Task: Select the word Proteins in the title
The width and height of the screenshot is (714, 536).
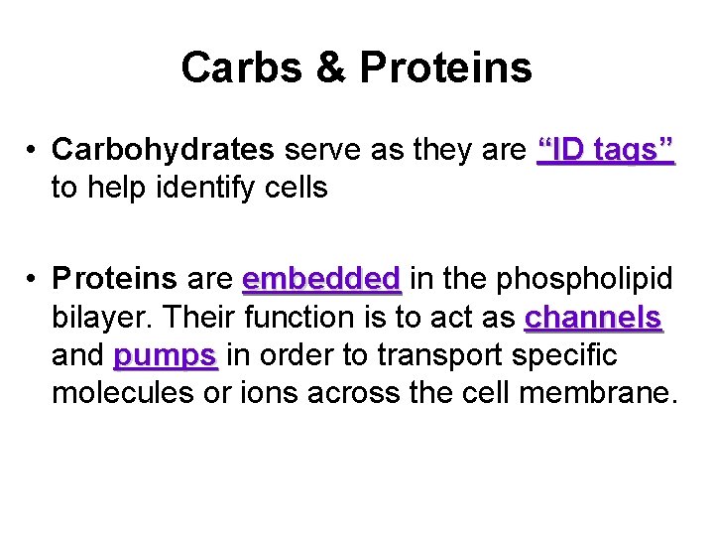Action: [445, 68]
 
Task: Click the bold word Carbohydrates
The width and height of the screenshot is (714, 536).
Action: [164, 150]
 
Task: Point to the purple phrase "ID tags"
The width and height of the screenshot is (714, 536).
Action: [605, 150]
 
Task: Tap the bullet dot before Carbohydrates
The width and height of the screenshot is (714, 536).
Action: [33, 151]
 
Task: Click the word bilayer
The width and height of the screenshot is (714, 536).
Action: [101, 318]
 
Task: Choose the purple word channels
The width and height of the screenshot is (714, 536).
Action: [593, 318]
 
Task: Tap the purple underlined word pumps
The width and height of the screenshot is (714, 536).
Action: [166, 354]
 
